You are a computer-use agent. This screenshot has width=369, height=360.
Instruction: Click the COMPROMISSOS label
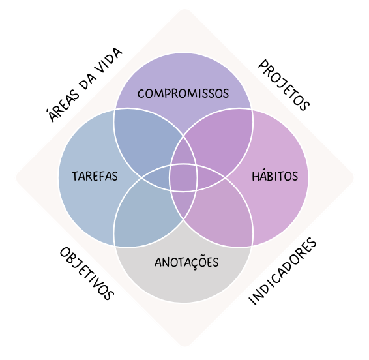[183, 93]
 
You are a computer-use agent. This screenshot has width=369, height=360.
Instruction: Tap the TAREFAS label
[95, 176]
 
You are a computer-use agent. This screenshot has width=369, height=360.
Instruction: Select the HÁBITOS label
[275, 175]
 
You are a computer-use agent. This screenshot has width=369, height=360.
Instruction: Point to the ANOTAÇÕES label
[186, 262]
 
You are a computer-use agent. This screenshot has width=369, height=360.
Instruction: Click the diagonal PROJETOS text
[284, 85]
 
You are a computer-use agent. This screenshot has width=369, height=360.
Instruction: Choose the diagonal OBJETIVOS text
[87, 273]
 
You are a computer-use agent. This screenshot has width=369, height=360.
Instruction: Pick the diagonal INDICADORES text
[282, 271]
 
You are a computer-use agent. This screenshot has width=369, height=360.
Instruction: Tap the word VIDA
[108, 61]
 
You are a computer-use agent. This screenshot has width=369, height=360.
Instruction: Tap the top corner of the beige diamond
[184, 9]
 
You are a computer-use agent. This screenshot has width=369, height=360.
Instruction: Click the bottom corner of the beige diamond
[184, 346]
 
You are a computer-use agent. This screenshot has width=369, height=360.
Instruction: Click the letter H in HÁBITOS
[256, 177]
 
